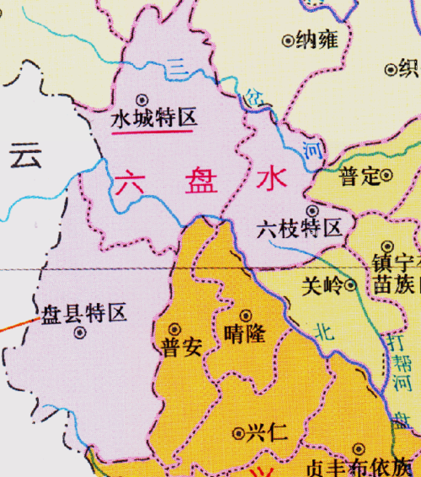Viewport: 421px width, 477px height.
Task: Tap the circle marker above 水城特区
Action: pyautogui.click(x=141, y=98)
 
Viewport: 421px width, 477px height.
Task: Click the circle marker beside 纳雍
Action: pyautogui.click(x=289, y=39)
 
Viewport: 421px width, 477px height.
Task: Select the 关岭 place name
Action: pyautogui.click(x=322, y=284)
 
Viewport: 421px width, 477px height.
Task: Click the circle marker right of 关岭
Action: pyautogui.click(x=350, y=284)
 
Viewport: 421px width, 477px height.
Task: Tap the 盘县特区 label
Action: pyautogui.click(x=84, y=313)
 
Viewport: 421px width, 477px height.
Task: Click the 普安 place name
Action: pyautogui.click(x=179, y=347)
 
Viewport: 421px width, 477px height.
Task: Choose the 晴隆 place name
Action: pyautogui.click(x=246, y=334)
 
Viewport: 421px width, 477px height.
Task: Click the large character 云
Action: pyautogui.click(x=25, y=156)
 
